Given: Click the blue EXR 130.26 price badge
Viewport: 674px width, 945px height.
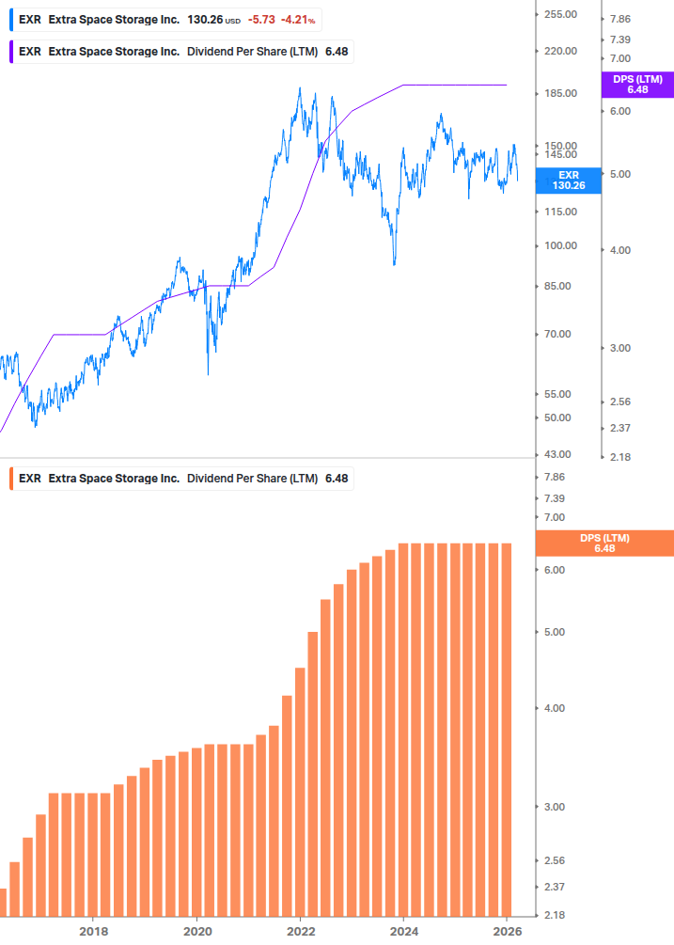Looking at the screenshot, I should (569, 181).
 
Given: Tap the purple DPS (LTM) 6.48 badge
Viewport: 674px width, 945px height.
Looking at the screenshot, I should (637, 85).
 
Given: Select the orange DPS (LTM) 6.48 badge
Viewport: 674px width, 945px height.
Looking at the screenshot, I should (603, 543).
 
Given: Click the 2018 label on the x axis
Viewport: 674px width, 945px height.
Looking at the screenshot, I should (93, 932).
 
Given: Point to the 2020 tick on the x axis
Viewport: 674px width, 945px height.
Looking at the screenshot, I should (196, 932).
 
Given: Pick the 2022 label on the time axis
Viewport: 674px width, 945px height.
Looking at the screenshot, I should (300, 932).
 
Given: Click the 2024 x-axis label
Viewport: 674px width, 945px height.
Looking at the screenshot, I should (403, 932).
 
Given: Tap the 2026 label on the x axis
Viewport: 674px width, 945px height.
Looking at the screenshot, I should (507, 932).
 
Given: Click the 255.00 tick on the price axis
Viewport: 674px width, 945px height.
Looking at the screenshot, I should (560, 15).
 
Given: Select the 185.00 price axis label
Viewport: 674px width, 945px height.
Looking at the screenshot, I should (560, 94).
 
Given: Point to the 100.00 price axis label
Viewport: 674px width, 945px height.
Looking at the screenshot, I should (560, 246).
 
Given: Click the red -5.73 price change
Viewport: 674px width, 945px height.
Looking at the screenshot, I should (259, 19).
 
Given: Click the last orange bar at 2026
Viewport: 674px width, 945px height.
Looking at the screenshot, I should (505, 729).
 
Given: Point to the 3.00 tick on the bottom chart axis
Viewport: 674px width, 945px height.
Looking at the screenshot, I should (555, 807).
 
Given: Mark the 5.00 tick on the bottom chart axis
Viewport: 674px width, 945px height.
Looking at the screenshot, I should (555, 632).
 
